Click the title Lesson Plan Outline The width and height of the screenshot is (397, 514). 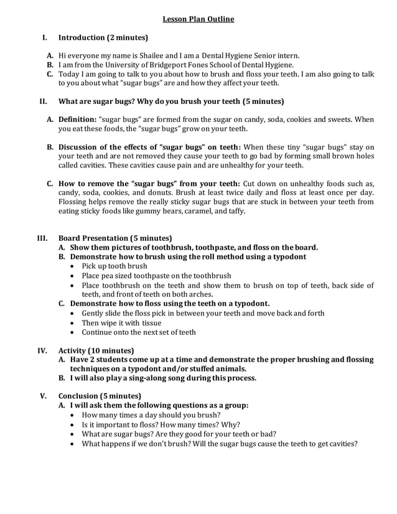coord(198,19)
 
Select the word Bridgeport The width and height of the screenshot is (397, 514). coord(169,64)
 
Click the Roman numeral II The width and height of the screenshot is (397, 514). coord(44,101)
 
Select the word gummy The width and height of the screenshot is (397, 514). coord(148,211)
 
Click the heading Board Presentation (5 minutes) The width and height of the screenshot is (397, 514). coord(115,238)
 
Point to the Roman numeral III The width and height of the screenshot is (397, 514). coord(43,238)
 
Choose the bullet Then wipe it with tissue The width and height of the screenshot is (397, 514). coord(121,322)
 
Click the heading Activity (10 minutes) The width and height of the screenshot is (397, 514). coord(96,350)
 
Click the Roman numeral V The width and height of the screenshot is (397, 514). coord(43,395)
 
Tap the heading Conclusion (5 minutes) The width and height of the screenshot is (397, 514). coord(100,395)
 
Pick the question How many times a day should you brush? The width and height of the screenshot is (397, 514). coord(155,414)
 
